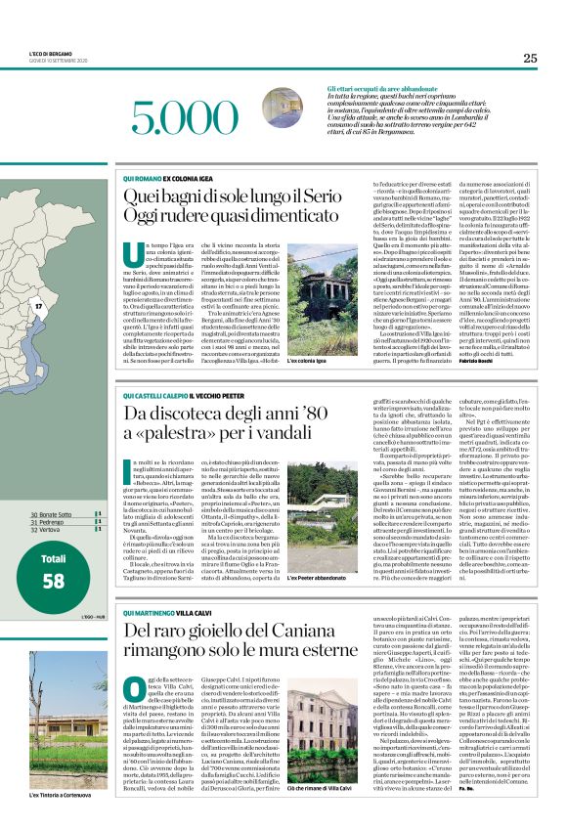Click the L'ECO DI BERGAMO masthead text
[44, 55]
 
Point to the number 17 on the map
[39, 307]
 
